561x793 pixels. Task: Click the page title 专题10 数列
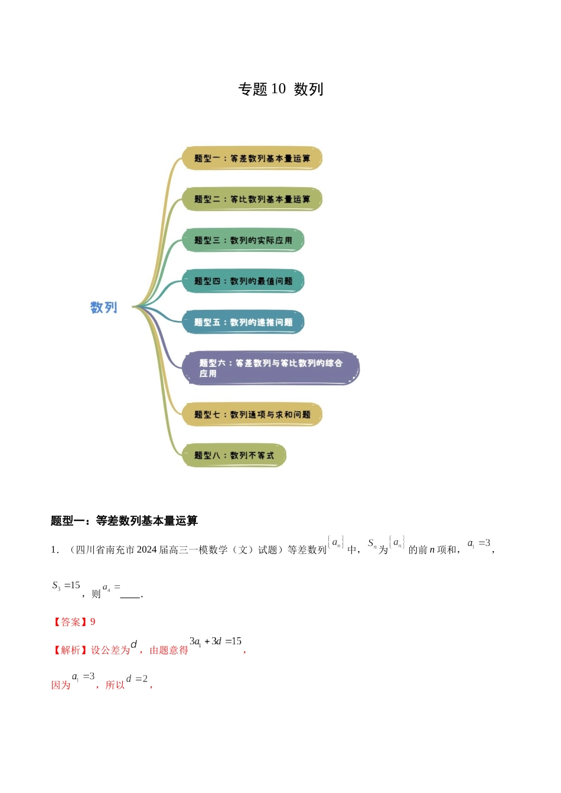280,89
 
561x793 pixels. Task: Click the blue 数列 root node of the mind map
104,307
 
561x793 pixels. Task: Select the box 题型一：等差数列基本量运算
252,159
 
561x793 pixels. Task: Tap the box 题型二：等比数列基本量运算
252,199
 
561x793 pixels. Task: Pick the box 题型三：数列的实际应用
243,240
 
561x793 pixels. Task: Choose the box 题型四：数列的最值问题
243,281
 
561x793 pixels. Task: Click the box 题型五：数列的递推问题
243,322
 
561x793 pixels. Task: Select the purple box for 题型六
271,368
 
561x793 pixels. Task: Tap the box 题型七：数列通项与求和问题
252,414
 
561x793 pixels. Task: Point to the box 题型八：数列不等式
234,456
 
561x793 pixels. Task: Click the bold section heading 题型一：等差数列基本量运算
124,520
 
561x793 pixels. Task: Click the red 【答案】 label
70,622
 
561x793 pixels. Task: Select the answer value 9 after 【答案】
93,622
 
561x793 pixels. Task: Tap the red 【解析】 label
70,650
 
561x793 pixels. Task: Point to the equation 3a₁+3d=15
216,641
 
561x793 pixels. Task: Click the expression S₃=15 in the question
66,586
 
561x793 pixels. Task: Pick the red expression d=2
137,679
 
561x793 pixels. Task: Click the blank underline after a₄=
131,595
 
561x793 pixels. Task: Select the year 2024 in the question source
146,550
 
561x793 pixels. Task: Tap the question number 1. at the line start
55,550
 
